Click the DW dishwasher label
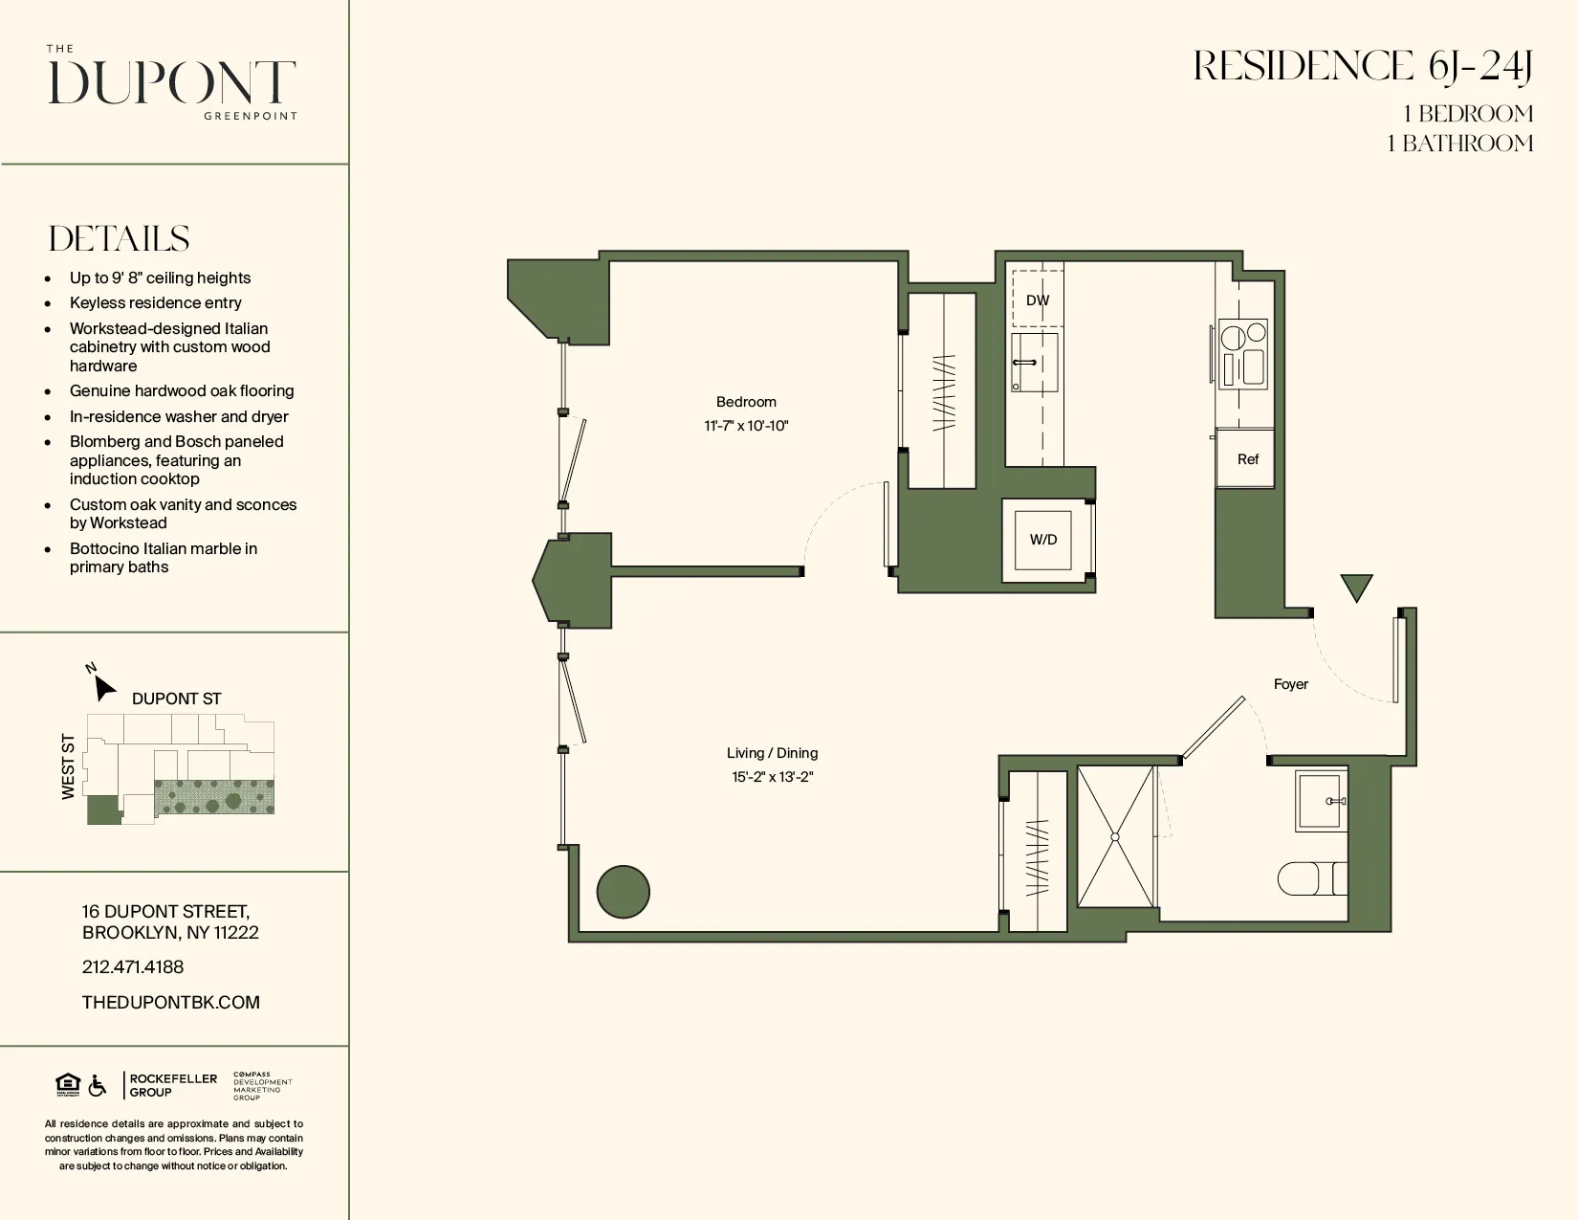pyautogui.click(x=1038, y=300)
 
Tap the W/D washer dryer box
pyautogui.click(x=1043, y=540)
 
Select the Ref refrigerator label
pyautogui.click(x=1247, y=459)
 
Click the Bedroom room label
pyautogui.click(x=746, y=402)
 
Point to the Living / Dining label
pyautogui.click(x=772, y=753)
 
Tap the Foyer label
pyautogui.click(x=1290, y=684)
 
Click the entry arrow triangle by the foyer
pyautogui.click(x=1356, y=586)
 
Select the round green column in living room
pyautogui.click(x=624, y=892)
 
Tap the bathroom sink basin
pyautogui.click(x=1321, y=801)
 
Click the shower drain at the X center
pyautogui.click(x=1115, y=837)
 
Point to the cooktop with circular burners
pyautogui.click(x=1243, y=354)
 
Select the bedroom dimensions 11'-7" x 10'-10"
pyautogui.click(x=746, y=426)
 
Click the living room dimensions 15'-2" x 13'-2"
pyautogui.click(x=772, y=777)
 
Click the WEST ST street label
pyautogui.click(x=68, y=766)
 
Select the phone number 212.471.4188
pyautogui.click(x=133, y=967)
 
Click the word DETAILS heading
pyautogui.click(x=120, y=239)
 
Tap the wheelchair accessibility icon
pyautogui.click(x=98, y=1085)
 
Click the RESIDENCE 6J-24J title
pyautogui.click(x=1363, y=67)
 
